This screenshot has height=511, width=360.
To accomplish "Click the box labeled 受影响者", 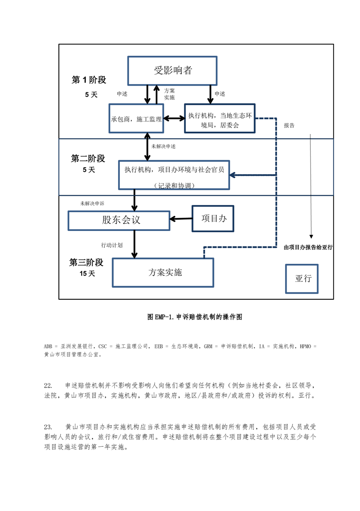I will [x=172, y=71].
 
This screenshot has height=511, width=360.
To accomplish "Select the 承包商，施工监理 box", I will [x=136, y=118].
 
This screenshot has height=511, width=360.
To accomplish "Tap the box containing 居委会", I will [x=219, y=118].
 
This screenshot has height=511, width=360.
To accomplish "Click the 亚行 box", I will [x=303, y=278].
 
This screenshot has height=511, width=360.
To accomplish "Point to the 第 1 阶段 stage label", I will [x=89, y=80].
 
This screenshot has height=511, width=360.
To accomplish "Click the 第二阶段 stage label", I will [x=88, y=158].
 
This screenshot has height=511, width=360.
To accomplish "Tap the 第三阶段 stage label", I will [x=86, y=263].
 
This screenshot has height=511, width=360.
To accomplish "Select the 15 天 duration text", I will [x=87, y=274].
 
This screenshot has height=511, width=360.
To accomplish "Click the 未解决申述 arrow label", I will [x=164, y=147].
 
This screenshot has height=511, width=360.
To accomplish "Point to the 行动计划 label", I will [x=112, y=245].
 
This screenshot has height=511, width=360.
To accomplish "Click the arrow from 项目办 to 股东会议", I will [x=180, y=219].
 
